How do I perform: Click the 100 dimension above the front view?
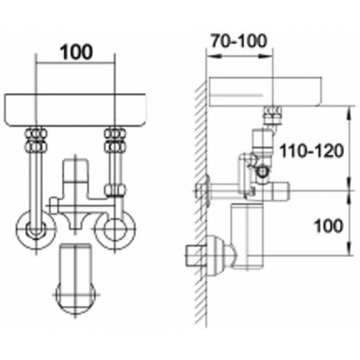click(x=76, y=52)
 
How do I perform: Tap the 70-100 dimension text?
click(x=239, y=40)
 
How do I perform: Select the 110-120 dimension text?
click(x=312, y=151)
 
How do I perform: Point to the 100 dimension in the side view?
click(x=328, y=226)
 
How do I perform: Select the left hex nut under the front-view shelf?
click(x=37, y=140)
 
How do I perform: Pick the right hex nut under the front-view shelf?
click(x=115, y=140)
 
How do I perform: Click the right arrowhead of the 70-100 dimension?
click(x=266, y=57)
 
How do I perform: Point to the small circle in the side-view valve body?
click(x=262, y=171)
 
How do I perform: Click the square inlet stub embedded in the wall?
click(x=196, y=255)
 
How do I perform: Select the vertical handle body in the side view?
click(x=247, y=236)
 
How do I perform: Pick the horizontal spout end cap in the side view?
click(x=280, y=191)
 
